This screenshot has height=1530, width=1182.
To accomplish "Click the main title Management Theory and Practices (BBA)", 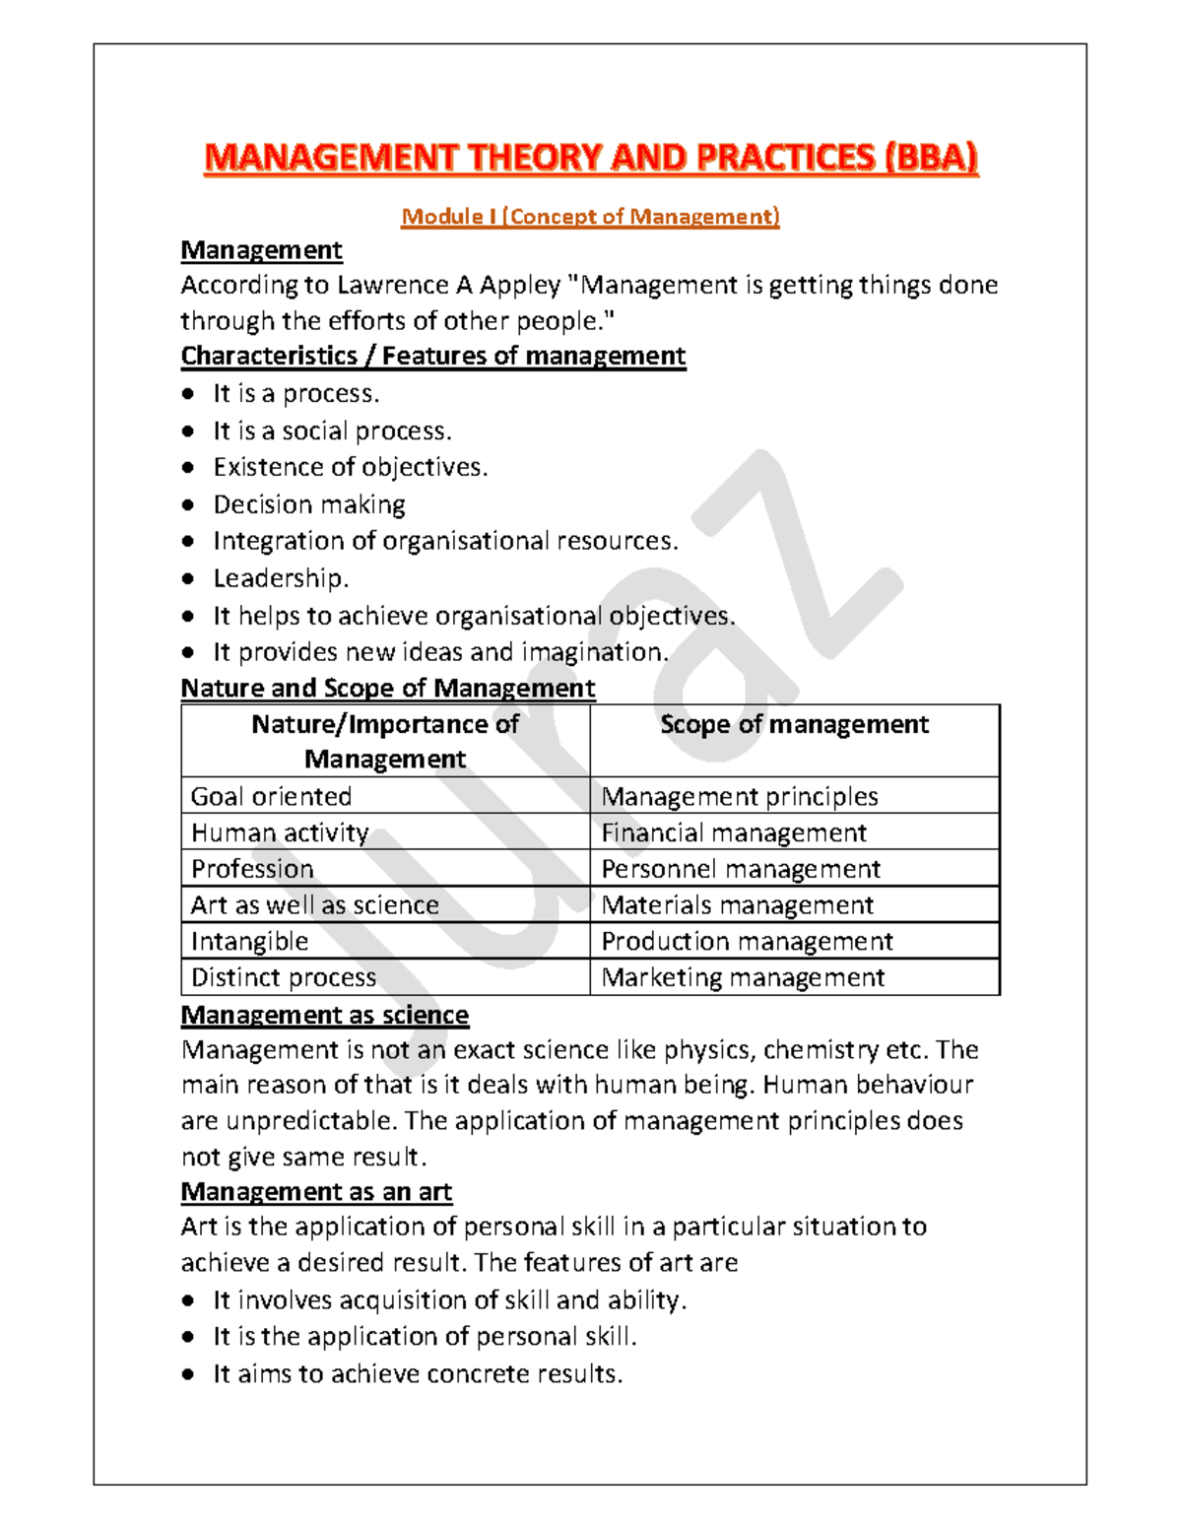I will (x=591, y=158).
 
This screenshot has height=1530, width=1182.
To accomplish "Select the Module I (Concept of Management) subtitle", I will (x=590, y=217).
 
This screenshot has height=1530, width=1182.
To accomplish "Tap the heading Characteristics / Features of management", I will (x=433, y=356).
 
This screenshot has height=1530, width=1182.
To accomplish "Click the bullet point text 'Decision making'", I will (x=309, y=505).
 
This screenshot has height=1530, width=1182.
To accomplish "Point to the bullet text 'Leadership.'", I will (x=281, y=578).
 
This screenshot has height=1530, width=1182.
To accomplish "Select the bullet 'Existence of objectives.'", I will (x=351, y=467).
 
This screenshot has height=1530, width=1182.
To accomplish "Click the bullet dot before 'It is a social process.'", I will (x=188, y=432).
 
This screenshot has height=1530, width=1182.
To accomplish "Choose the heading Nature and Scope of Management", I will (x=388, y=688).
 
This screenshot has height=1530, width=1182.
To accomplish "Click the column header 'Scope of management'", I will (x=794, y=725).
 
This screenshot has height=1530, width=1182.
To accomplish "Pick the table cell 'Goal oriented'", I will (x=271, y=796).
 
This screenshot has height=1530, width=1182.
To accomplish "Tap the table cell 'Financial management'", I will (x=734, y=833).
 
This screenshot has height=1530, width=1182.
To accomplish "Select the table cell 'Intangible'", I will (x=249, y=942).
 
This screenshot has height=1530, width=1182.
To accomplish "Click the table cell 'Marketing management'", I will (x=743, y=977).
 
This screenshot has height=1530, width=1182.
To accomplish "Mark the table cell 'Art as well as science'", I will (x=315, y=905).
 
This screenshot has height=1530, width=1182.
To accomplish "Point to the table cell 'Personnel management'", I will (x=741, y=869).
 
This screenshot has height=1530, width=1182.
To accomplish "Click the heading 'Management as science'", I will (x=325, y=1015).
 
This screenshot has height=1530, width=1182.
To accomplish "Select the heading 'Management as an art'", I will (x=316, y=1192).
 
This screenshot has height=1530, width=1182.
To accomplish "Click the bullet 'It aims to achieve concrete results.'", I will (x=418, y=1374).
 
